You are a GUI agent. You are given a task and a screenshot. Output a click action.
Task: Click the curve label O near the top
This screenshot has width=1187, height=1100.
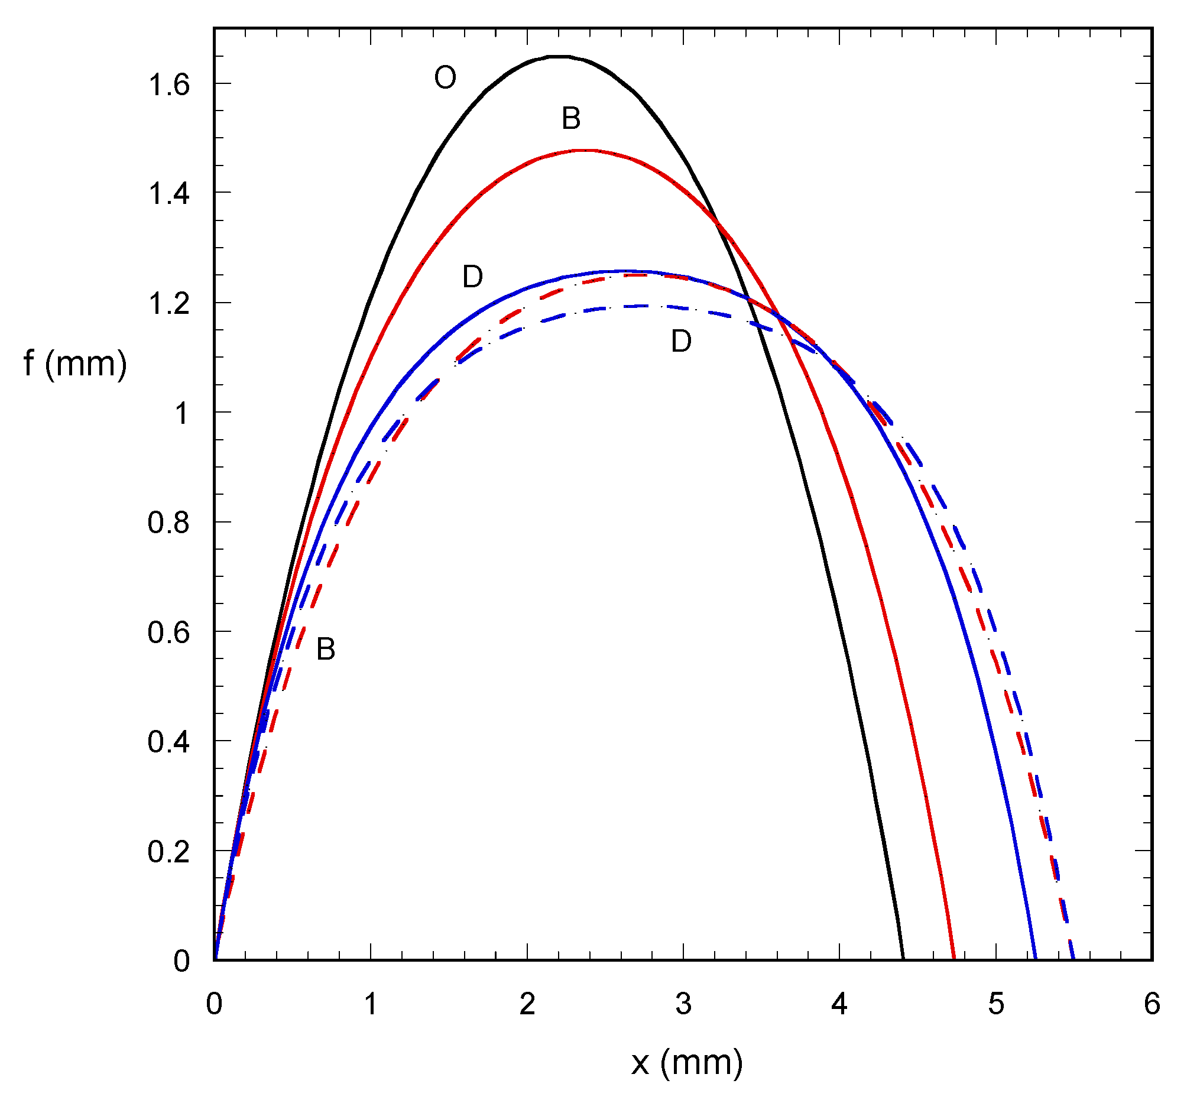coord(445,77)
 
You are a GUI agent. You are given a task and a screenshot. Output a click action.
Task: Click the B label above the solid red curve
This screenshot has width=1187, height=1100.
coord(571,118)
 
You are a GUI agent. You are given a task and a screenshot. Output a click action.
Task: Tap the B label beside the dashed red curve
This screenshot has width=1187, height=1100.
coord(326,649)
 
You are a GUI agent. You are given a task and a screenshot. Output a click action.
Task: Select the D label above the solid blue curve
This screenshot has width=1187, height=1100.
coord(473,277)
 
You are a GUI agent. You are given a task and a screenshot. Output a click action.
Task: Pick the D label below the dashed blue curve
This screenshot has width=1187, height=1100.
coord(681,342)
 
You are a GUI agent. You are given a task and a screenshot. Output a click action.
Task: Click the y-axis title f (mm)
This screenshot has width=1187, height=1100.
coord(75,364)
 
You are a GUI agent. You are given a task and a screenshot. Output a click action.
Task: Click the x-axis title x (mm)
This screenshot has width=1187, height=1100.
coord(686,1063)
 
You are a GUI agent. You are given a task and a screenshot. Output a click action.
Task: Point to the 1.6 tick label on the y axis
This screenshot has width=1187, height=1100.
coord(168,85)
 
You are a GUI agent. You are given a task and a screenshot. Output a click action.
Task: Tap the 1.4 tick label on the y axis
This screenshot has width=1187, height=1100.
coord(168,194)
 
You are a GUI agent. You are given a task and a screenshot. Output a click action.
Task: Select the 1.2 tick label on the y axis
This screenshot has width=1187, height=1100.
coord(168,304)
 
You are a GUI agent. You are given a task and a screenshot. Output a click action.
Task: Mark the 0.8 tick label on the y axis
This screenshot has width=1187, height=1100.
coord(168,523)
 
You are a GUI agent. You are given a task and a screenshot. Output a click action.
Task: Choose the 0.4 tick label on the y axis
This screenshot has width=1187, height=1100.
coord(168,742)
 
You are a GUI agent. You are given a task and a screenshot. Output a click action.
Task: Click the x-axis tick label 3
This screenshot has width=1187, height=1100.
coord(683,1004)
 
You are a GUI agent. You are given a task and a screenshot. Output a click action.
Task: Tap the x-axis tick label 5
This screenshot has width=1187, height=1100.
coord(996,1004)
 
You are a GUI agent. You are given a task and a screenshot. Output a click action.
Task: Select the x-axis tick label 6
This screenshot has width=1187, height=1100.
coord(1152,1004)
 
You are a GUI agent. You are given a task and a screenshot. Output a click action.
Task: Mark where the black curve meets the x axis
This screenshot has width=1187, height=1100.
coord(903,959)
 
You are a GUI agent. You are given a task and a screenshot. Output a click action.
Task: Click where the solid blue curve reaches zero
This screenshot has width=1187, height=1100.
coord(1036,959)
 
